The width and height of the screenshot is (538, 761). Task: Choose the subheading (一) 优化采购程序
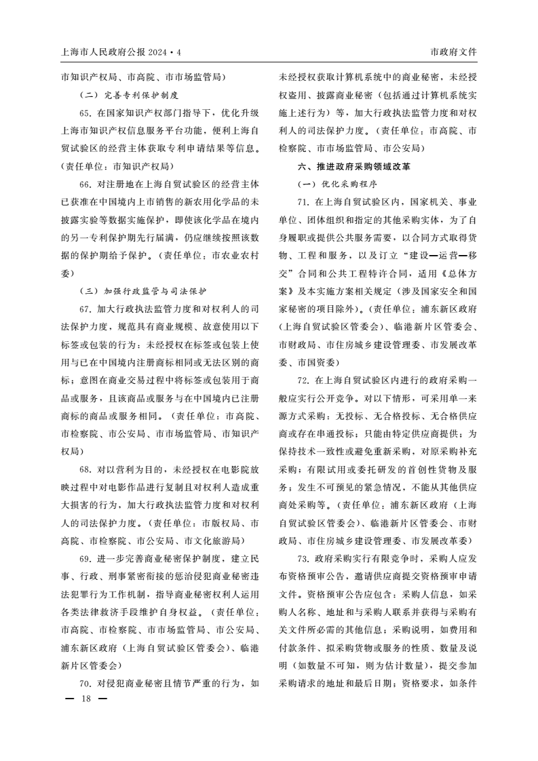point(337,184)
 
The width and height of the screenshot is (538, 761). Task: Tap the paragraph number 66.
point(86,184)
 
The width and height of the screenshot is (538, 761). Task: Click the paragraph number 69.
point(86,559)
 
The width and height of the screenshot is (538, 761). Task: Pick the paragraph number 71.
point(304,202)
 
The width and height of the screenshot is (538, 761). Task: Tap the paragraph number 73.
point(304,559)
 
